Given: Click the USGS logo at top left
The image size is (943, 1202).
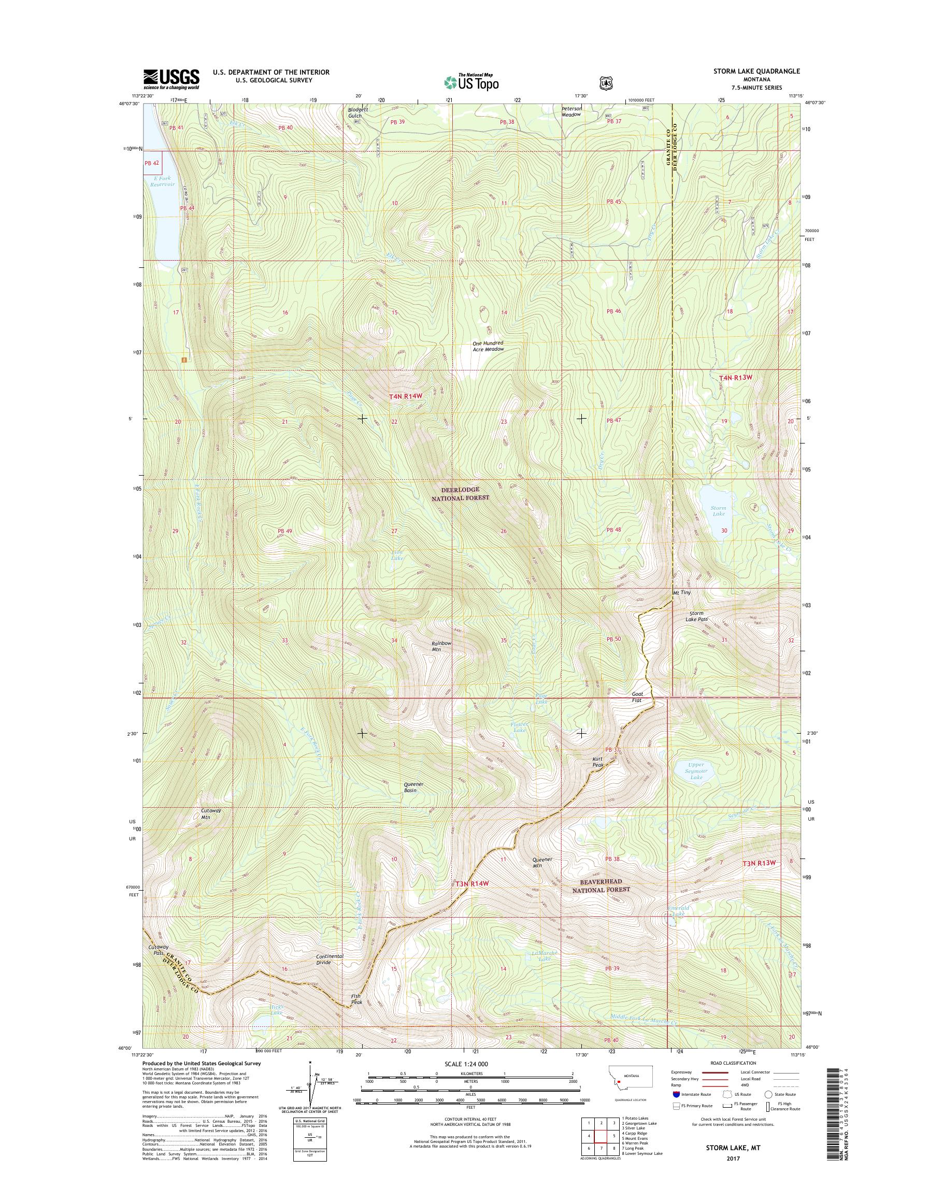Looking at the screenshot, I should tap(171, 79).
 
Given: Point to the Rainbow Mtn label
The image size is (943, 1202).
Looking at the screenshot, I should tap(441, 646).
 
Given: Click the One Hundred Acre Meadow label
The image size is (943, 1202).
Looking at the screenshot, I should tap(488, 346).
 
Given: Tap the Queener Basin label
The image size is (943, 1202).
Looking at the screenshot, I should tap(410, 787).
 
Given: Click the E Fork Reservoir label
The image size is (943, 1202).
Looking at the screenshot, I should tap(162, 181).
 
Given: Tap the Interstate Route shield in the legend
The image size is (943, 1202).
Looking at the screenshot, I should tap(676, 1094).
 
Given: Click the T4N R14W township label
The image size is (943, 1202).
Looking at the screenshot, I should tap(405, 396).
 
